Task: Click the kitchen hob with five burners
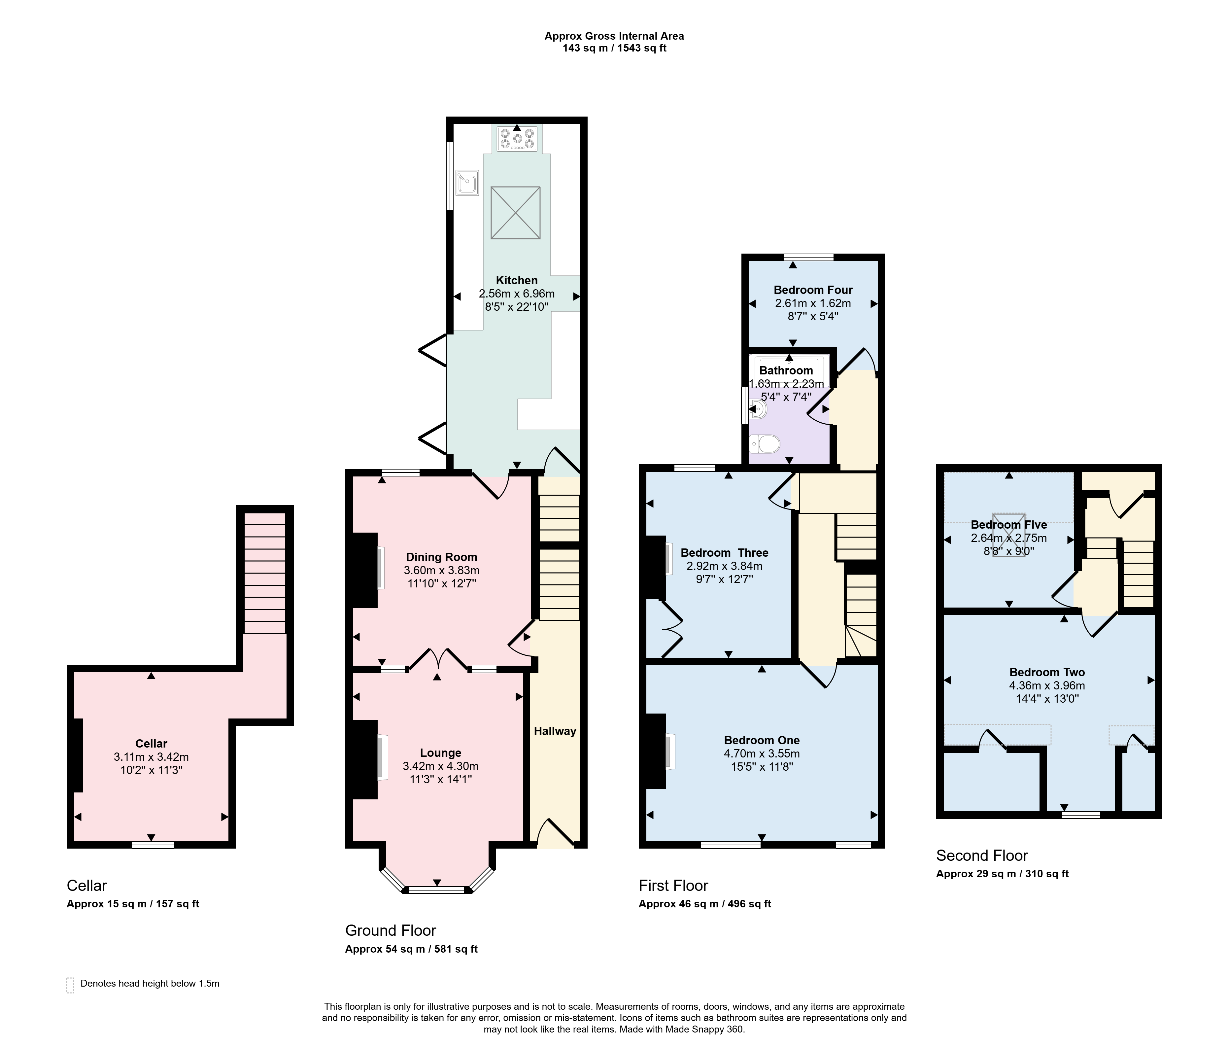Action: [x=517, y=138]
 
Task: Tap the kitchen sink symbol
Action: [x=467, y=183]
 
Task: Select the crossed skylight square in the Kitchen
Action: [x=515, y=212]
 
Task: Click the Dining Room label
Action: [x=441, y=557]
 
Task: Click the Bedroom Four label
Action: [x=813, y=290]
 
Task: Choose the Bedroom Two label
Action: [x=1047, y=672]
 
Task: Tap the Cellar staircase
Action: [x=265, y=573]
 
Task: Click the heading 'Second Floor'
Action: [x=982, y=856]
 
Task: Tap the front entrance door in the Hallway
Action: [x=556, y=832]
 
